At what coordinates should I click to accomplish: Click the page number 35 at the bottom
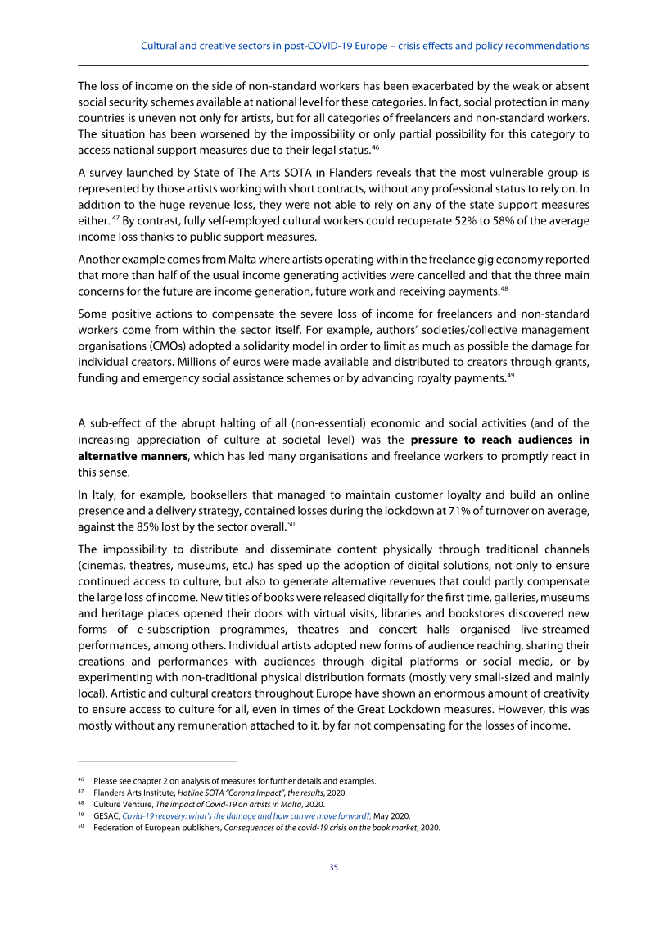click(x=333, y=867)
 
